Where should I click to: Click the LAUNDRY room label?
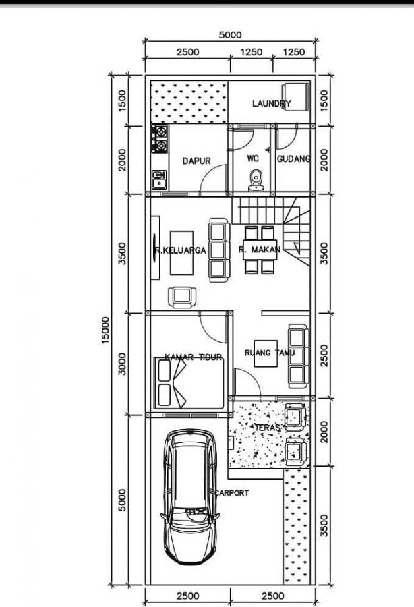pyautogui.click(x=271, y=103)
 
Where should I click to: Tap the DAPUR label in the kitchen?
pyautogui.click(x=197, y=161)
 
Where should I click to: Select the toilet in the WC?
pyautogui.click(x=256, y=180)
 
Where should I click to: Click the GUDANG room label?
pyautogui.click(x=294, y=158)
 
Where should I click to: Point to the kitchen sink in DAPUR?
pyautogui.click(x=159, y=179)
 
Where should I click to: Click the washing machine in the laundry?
pyautogui.click(x=295, y=98)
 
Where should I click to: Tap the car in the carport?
pyautogui.click(x=190, y=496)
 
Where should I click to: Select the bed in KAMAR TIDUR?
pyautogui.click(x=189, y=383)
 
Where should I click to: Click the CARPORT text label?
pyautogui.click(x=232, y=493)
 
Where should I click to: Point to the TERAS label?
pyautogui.click(x=268, y=428)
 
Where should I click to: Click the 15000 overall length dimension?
pyautogui.click(x=105, y=330)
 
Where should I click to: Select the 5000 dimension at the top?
pyautogui.click(x=230, y=35)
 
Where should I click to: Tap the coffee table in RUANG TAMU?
pyautogui.click(x=266, y=353)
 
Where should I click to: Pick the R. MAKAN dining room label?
pyautogui.click(x=259, y=250)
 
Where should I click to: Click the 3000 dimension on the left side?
pyautogui.click(x=122, y=364)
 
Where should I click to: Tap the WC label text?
pyautogui.click(x=253, y=158)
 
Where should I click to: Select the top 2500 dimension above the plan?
pyautogui.click(x=188, y=52)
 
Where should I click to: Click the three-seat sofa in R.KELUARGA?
pyautogui.click(x=219, y=250)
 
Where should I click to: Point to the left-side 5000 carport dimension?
pyautogui.click(x=122, y=500)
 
